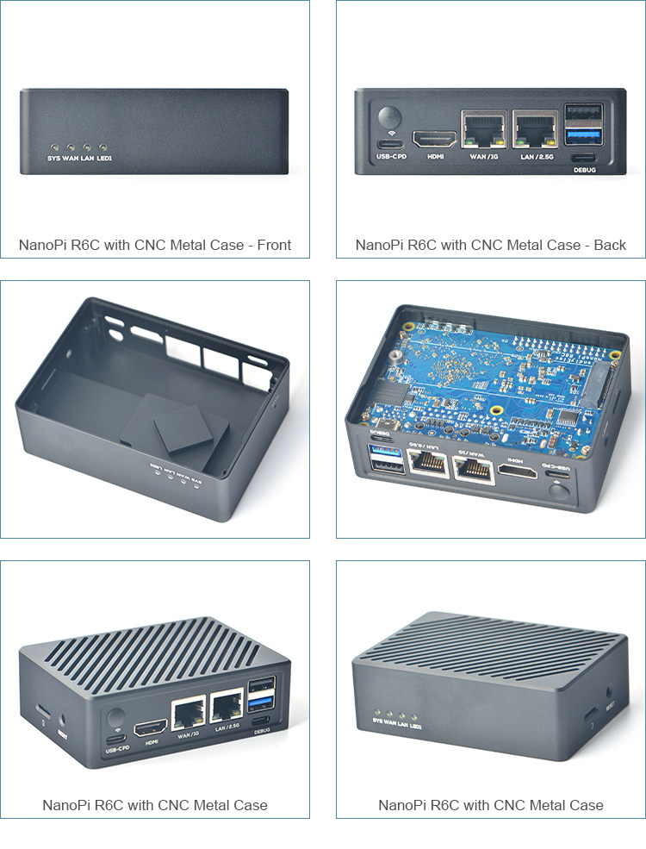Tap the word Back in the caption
click(x=610, y=245)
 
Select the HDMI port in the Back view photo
click(x=435, y=138)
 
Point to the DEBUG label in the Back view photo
click(x=584, y=170)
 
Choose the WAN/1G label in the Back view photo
click(x=483, y=157)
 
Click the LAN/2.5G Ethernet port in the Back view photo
click(x=534, y=129)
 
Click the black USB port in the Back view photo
click(x=582, y=114)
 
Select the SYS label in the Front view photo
click(x=53, y=159)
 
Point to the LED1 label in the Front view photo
click(x=104, y=159)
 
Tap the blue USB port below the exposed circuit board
click(x=383, y=453)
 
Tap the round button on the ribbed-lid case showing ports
click(x=115, y=718)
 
